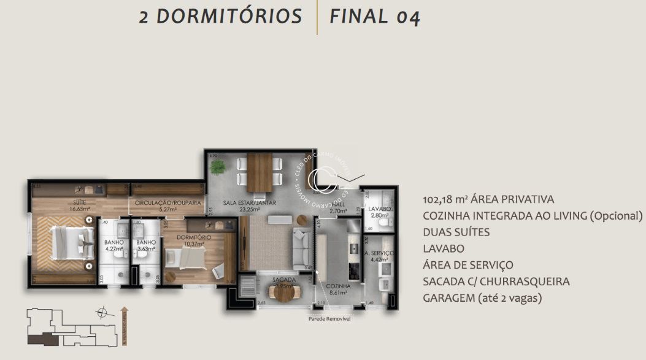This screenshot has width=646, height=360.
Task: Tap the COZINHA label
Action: (338, 286)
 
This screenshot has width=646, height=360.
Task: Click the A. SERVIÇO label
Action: (379, 253)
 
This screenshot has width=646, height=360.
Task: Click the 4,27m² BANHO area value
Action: (114, 250)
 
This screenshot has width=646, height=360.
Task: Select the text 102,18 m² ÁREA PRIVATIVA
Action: (488, 199)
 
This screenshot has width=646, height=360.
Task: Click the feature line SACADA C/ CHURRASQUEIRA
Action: (496, 281)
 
